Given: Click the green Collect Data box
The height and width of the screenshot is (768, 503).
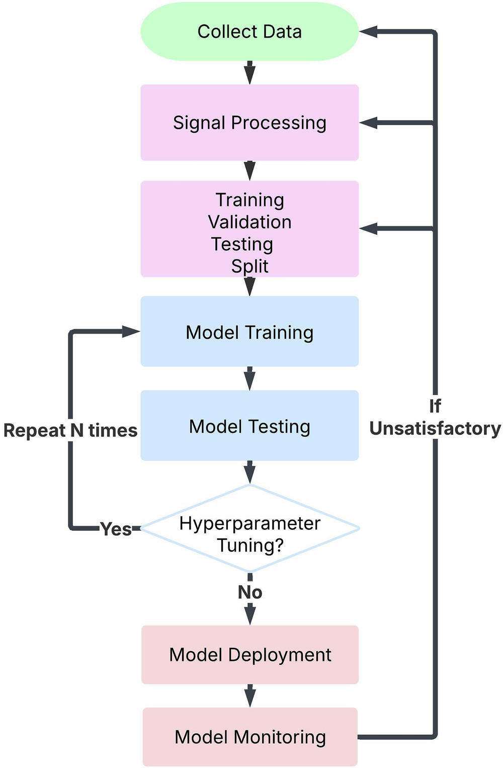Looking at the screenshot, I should tap(249, 32).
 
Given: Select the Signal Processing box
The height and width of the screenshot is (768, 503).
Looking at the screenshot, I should tap(249, 123).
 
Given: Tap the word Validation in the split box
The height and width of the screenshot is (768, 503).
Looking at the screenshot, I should tap(249, 222).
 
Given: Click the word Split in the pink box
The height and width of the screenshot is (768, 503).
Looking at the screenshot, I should tap(249, 266).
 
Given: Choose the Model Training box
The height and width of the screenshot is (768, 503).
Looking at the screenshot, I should tap(249, 332).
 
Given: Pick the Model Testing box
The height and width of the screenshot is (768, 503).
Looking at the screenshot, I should tap(249, 426).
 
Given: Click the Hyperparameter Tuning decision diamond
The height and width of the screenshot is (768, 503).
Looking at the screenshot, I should tap(249, 529).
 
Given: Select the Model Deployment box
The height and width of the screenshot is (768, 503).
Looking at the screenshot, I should tap(250, 654).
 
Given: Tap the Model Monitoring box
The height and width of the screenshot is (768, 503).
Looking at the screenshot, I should tap(250, 737).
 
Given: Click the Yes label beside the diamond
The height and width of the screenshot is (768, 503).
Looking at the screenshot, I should tap(116, 529).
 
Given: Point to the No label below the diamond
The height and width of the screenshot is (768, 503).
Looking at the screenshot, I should tap(250, 592).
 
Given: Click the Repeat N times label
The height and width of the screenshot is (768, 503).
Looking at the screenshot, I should tap(70, 430).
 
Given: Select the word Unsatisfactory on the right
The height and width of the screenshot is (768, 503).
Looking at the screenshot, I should tap(435, 428).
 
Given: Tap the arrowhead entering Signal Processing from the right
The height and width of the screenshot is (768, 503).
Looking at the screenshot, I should tap(368, 123).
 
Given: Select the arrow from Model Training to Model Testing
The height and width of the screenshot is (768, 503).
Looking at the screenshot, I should tap(249, 378).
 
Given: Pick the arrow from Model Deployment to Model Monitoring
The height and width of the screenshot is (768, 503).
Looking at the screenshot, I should tap(250, 696).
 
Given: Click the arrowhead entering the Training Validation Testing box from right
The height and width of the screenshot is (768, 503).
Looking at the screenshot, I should tap(368, 229).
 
